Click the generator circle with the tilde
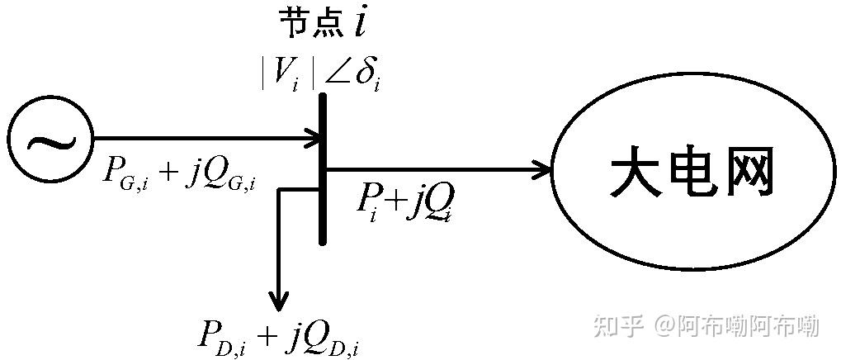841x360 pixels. pos(8,140)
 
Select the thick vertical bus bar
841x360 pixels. pos(323,169)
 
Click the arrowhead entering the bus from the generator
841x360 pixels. pos(314,139)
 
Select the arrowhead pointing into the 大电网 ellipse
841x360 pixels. pos(543,170)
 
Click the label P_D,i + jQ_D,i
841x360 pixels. pos(279,336)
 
